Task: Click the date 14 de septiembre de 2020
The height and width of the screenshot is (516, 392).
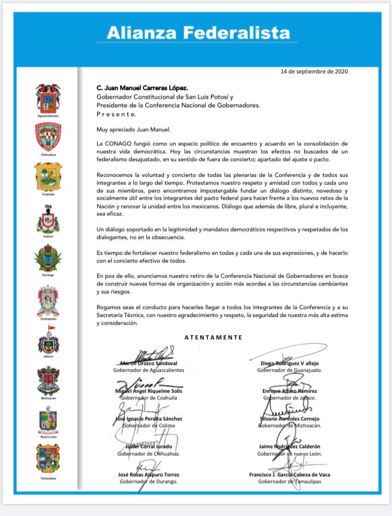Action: point(314,71)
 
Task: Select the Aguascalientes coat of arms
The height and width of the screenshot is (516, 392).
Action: point(48,97)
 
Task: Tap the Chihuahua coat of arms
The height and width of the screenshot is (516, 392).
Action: point(48,136)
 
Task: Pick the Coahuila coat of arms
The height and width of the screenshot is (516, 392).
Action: point(48,176)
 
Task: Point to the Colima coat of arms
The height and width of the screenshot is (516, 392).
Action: point(48,219)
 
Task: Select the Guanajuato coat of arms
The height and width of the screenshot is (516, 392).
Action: point(48,300)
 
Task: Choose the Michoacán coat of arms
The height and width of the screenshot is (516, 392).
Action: point(48,380)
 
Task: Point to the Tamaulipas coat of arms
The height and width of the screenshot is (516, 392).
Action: point(48,458)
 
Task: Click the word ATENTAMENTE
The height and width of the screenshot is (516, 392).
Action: point(213,337)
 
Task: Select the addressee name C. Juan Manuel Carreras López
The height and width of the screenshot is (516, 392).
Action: point(139,88)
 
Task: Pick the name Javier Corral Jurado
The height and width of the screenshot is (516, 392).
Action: point(148,446)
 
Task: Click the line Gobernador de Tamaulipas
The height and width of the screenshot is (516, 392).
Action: point(290,481)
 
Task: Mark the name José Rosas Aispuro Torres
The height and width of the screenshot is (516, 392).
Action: point(148,475)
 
